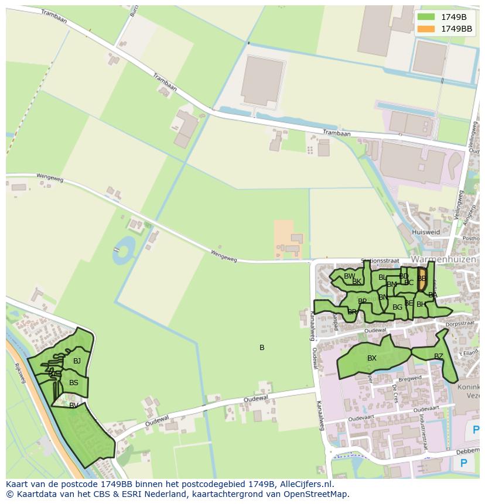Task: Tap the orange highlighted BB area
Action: pyautogui.click(x=422, y=279)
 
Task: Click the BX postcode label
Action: pyautogui.click(x=372, y=358)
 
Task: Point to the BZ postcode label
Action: pyautogui.click(x=439, y=356)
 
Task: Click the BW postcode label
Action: pyautogui.click(x=349, y=276)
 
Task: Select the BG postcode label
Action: pyautogui.click(x=397, y=307)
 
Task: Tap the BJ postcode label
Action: pyautogui.click(x=77, y=361)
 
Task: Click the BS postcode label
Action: pyautogui.click(x=74, y=383)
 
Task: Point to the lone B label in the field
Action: pyautogui.click(x=262, y=348)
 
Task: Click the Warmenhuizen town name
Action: pyautogui.click(x=443, y=259)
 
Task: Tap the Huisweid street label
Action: pyautogui.click(x=426, y=232)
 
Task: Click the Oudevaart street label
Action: pyautogui.click(x=360, y=419)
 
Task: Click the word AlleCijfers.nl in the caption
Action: pyautogui.click(x=304, y=485)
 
